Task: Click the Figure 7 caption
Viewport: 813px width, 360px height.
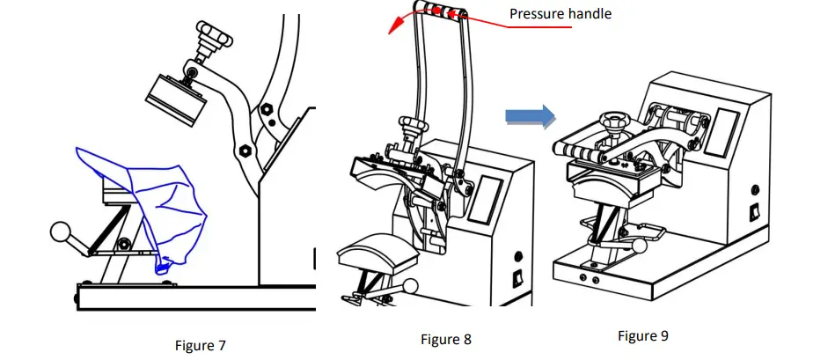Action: point(201,346)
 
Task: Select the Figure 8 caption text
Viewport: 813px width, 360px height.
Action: point(446,339)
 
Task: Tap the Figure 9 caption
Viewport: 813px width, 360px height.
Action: point(643,335)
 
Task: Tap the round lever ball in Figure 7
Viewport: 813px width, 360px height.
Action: point(60,231)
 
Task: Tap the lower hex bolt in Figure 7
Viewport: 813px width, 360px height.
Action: point(244,149)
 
